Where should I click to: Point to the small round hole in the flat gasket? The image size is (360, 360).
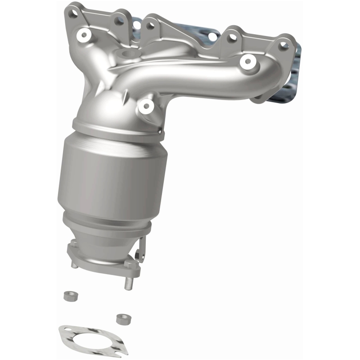(x=66, y=333)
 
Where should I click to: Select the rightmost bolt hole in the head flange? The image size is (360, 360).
(x=283, y=44)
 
